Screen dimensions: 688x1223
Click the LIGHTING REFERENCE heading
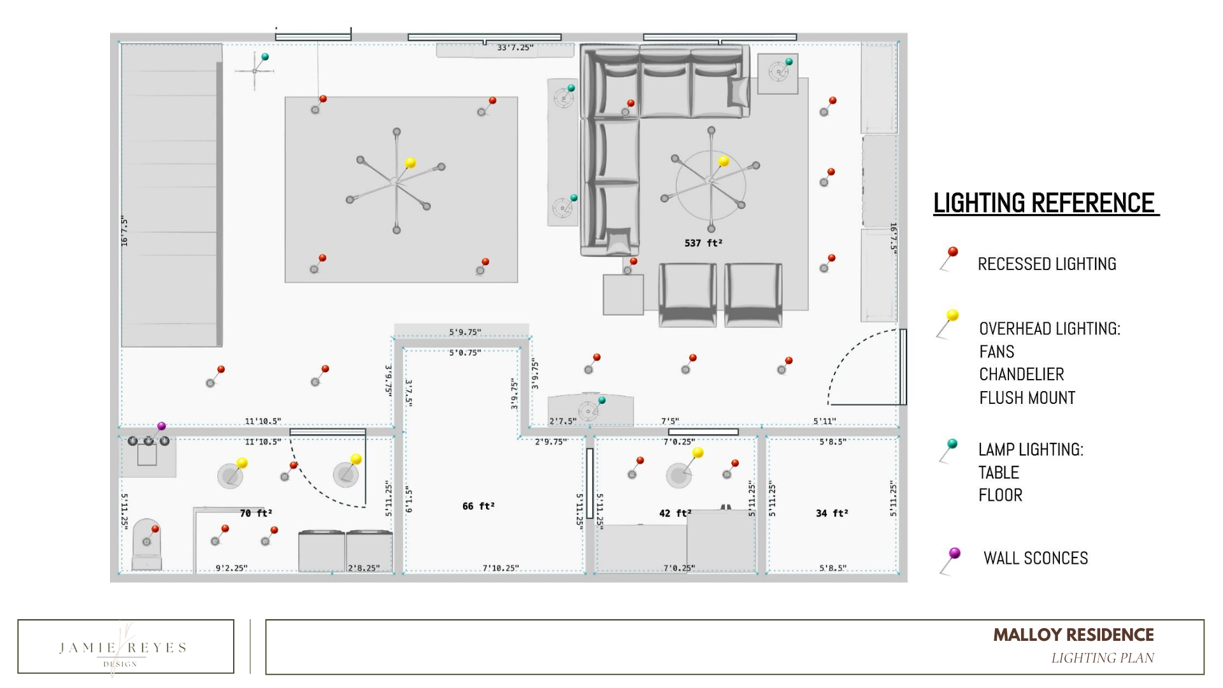point(1045,203)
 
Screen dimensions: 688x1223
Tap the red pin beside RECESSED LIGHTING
point(952,252)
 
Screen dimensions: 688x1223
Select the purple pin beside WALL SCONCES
point(954,553)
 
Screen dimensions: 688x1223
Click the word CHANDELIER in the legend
point(1021,375)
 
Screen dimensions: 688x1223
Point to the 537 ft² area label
point(703,243)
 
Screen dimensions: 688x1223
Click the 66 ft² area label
point(478,506)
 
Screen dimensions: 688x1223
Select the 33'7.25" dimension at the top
point(515,48)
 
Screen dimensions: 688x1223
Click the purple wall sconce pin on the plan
point(161,426)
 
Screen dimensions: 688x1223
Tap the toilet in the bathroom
point(147,545)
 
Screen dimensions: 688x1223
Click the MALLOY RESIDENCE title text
point(1073,635)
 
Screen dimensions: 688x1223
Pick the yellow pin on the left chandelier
point(410,163)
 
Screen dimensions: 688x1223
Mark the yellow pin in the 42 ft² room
point(697,453)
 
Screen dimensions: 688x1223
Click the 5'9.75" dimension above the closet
point(465,332)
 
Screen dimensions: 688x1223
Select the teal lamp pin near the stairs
point(265,57)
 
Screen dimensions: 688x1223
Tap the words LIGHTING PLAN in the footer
point(1102,658)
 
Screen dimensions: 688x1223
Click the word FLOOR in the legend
point(1000,495)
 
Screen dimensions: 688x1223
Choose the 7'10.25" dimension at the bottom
point(501,568)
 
